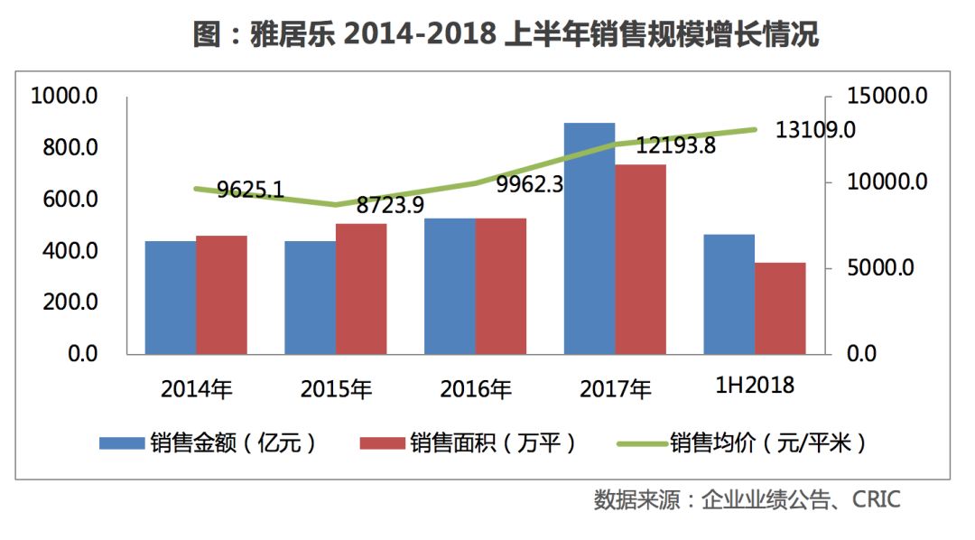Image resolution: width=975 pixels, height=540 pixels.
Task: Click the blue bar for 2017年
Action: [x=590, y=238]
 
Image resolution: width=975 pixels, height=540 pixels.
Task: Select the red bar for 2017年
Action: [x=640, y=259]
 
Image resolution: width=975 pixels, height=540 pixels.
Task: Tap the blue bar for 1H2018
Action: [x=729, y=294]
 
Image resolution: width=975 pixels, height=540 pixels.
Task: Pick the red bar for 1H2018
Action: [x=780, y=308]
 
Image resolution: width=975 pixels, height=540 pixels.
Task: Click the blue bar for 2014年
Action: [x=171, y=297]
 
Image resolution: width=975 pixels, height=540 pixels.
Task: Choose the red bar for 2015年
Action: [x=361, y=288]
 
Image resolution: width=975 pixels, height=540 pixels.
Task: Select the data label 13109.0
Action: [x=815, y=130]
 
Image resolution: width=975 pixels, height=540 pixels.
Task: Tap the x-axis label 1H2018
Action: [x=755, y=386]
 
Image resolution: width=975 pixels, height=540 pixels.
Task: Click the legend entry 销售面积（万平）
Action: [x=466, y=442]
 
